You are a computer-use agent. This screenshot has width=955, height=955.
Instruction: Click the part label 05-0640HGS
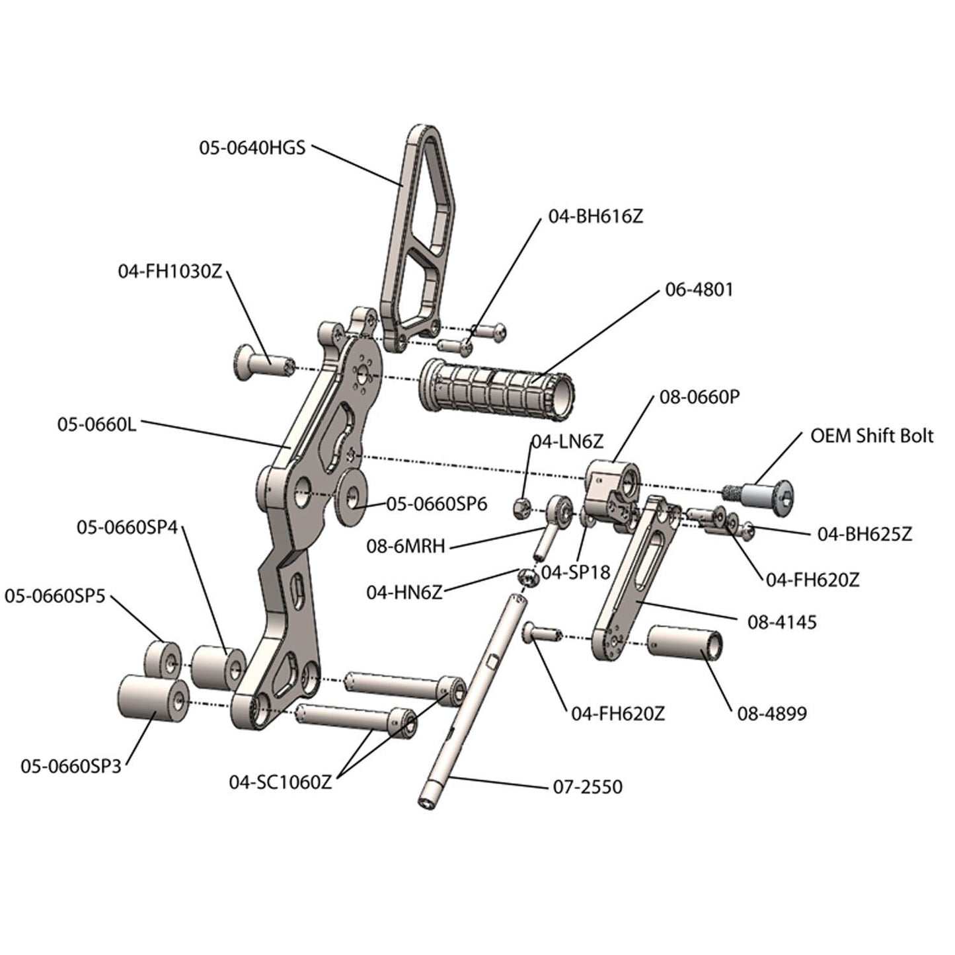[x=252, y=147]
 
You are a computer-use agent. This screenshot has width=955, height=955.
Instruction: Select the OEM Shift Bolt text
[x=872, y=436]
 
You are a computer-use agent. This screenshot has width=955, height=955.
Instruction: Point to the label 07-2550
[x=587, y=786]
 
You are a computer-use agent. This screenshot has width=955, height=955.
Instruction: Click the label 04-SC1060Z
[x=280, y=782]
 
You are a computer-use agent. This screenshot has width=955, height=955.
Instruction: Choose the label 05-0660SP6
[x=437, y=504]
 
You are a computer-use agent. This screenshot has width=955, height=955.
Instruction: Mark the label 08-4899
[x=772, y=714]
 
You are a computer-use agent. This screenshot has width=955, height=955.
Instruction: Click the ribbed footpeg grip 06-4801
[x=496, y=388]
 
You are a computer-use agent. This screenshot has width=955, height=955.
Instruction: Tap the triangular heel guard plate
[x=416, y=238]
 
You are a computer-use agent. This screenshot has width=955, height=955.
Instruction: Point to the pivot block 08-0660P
[x=611, y=492]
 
